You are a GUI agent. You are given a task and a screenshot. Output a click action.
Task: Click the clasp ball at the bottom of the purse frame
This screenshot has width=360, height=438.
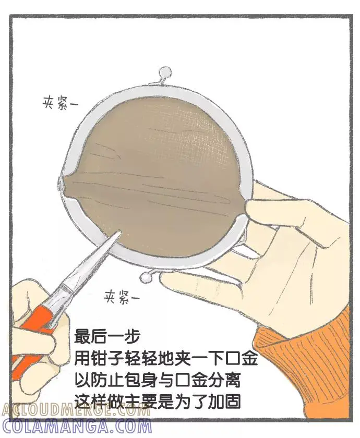(145, 277)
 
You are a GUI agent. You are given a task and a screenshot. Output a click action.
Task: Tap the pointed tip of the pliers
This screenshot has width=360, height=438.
(119, 232)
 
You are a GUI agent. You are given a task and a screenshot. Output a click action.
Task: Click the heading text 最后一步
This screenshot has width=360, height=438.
(107, 336)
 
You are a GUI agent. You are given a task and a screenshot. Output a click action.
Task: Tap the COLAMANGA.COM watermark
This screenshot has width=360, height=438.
(76, 427)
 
